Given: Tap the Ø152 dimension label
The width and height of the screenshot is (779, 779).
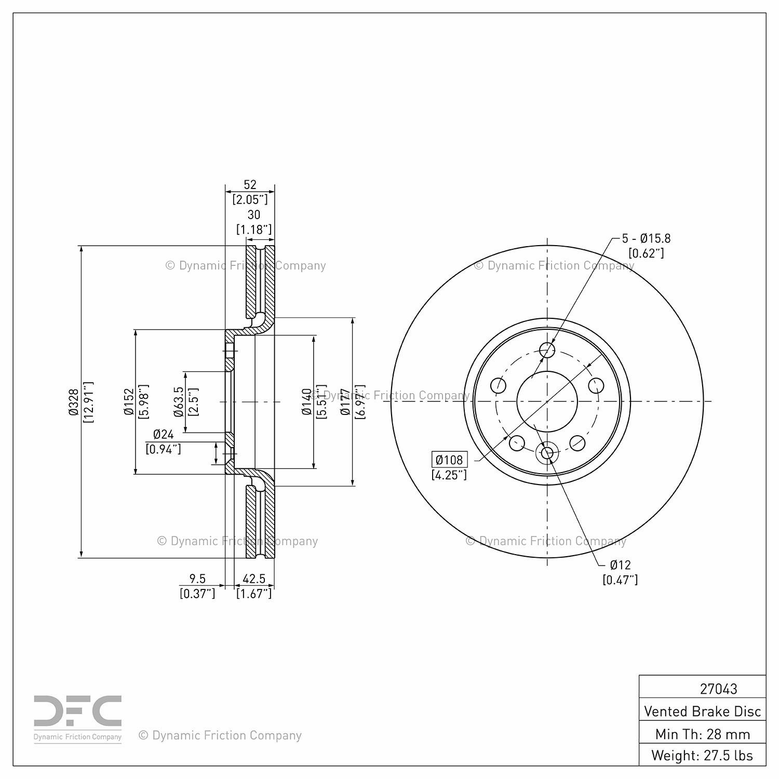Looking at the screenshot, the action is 128,402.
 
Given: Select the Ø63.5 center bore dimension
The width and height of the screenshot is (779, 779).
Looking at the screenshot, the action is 178,402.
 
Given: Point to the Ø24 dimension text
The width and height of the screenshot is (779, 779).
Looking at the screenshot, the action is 164,435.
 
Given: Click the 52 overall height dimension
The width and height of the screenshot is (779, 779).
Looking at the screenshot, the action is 250,184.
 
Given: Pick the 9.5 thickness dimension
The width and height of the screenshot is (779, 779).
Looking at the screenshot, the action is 197,579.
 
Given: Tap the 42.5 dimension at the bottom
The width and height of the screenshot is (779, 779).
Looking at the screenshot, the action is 254,579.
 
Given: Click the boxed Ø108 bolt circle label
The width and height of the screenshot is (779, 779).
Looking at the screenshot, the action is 449,460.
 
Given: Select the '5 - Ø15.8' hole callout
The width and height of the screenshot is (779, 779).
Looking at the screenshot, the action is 647,238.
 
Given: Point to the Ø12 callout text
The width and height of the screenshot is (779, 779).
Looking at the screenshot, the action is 620,565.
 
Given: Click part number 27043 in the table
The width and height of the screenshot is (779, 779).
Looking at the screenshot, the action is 718,689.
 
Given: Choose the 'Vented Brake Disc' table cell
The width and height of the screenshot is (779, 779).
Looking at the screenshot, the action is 703,711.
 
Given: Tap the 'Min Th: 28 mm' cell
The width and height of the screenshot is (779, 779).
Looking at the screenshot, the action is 703,734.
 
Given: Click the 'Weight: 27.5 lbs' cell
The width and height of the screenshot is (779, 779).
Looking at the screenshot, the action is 703,755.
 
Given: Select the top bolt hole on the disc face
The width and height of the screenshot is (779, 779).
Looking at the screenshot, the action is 547,350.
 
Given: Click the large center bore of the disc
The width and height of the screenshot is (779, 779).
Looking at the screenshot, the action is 547,401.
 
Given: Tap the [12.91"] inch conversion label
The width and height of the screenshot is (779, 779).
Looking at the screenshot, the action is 88,402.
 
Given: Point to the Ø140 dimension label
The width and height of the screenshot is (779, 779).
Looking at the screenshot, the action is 307,402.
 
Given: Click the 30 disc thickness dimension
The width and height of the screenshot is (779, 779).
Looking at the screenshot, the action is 253,214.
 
